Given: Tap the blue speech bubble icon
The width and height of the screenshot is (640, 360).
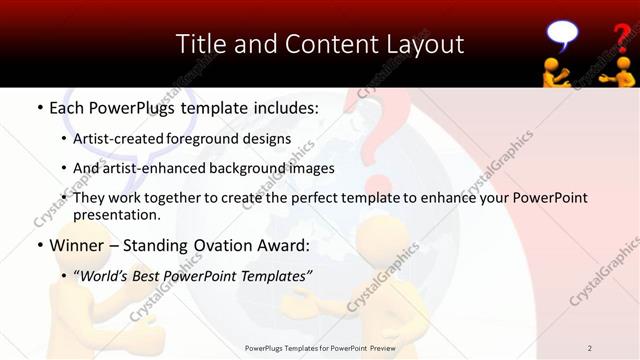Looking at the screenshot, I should pos(562,35).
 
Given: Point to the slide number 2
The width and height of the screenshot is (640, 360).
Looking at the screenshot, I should pos(590,348).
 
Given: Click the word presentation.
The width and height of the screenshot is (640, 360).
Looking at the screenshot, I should pos(116,215).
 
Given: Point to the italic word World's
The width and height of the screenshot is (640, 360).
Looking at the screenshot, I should pos(103,275).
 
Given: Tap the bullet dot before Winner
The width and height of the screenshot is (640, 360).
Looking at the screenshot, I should pos(39,245).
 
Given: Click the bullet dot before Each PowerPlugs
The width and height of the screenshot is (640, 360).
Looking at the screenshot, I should pos(39,105).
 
